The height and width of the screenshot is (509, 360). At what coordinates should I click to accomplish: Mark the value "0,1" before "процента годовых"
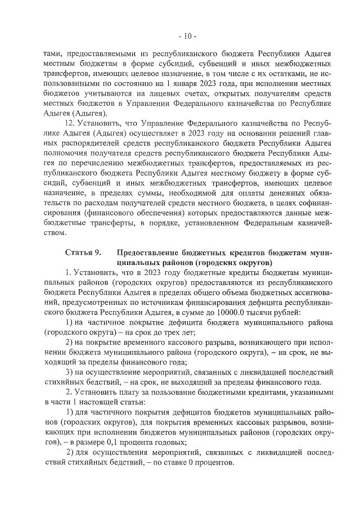point(130,443)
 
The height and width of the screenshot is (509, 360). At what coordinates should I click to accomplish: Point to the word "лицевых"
point(165,94)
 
